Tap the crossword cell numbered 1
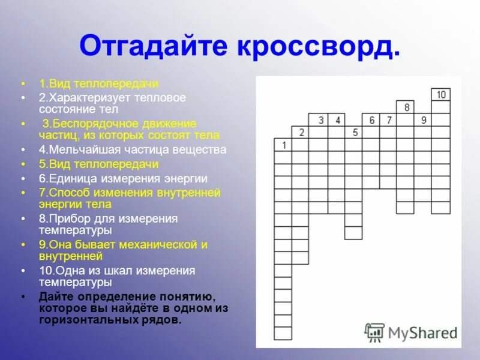click(x=283, y=145)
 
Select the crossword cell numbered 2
click(x=300, y=132)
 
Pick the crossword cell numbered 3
click(x=318, y=119)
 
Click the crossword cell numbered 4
click(x=336, y=119)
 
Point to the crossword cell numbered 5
click(x=353, y=132)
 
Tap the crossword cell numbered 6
click(x=371, y=119)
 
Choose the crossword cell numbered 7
click(x=388, y=119)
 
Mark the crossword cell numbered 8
click(x=406, y=107)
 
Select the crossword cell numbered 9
click(x=423, y=119)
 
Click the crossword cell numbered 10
click(x=440, y=94)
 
